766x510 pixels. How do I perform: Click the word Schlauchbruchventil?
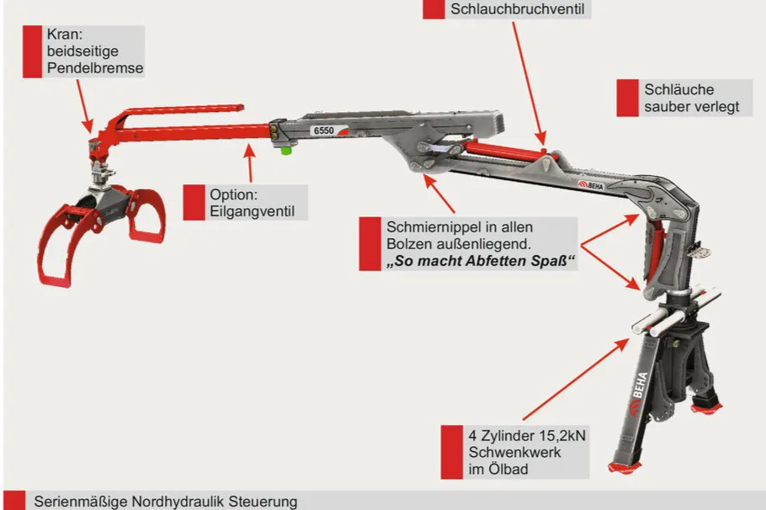[517, 9]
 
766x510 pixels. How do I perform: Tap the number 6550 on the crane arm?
[322, 130]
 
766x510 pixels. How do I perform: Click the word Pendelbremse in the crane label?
[95, 67]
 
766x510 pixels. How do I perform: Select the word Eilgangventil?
[253, 210]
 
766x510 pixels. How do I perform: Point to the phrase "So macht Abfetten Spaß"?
[481, 262]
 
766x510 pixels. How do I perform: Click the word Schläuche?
[678, 90]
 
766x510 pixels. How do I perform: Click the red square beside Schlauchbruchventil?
[434, 8]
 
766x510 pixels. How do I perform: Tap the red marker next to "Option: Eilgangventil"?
[194, 202]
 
